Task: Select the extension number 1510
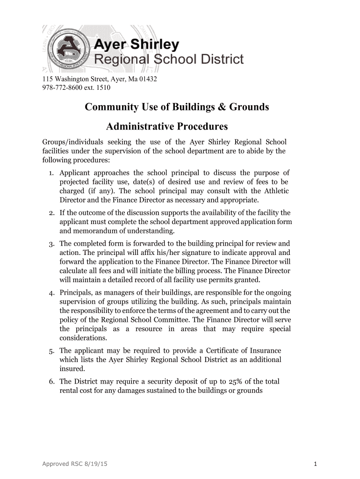click(x=103, y=87)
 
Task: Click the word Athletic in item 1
click(x=276, y=191)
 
